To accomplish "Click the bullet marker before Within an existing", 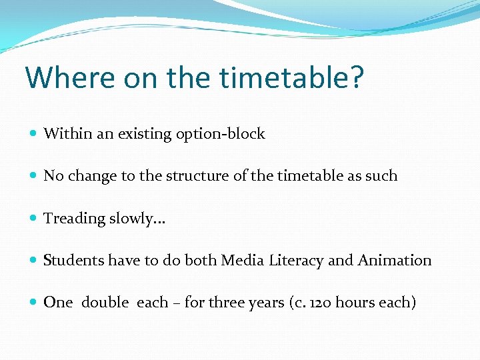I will [x=33, y=134].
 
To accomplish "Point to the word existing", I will [x=145, y=134].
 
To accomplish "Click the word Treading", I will [x=71, y=219].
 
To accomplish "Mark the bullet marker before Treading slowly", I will [x=33, y=219].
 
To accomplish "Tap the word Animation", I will [x=395, y=261].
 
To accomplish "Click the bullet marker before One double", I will [x=33, y=303].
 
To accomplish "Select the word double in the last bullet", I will [x=105, y=303].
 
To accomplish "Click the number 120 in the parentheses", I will [x=319, y=303].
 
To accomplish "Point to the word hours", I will [x=355, y=303].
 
